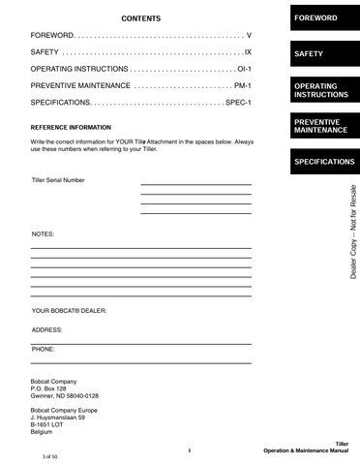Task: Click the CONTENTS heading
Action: [x=141, y=18]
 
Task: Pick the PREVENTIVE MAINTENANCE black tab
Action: [x=323, y=125]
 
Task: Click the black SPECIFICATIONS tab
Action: [x=324, y=161]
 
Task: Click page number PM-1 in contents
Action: [x=243, y=85]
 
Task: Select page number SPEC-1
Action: [x=238, y=102]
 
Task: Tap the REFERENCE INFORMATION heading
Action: [x=71, y=127]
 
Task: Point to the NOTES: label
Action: [x=44, y=234]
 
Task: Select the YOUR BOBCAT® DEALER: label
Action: [x=69, y=311]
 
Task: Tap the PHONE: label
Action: [x=44, y=348]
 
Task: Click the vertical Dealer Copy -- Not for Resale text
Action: [x=353, y=232]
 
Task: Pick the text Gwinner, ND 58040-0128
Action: [x=65, y=396]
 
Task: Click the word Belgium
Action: [x=44, y=433]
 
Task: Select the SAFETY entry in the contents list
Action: [x=45, y=52]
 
